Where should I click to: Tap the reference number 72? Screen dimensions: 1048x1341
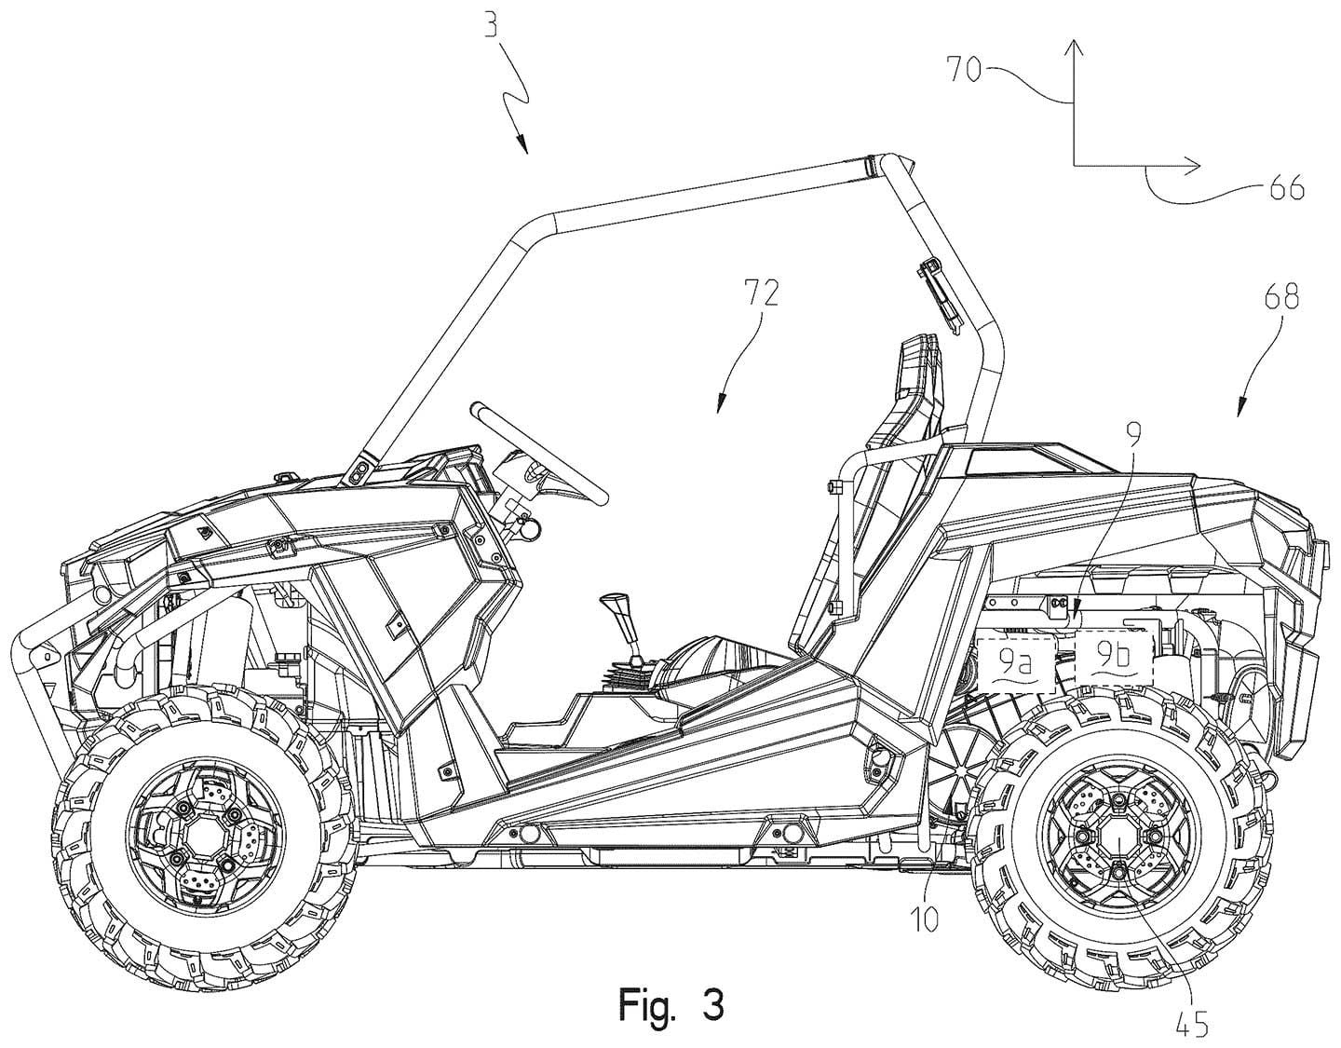coord(760,296)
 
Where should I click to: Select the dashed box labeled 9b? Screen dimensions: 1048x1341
coord(1114,658)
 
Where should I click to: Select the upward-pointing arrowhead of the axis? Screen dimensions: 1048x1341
coord(1074,49)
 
